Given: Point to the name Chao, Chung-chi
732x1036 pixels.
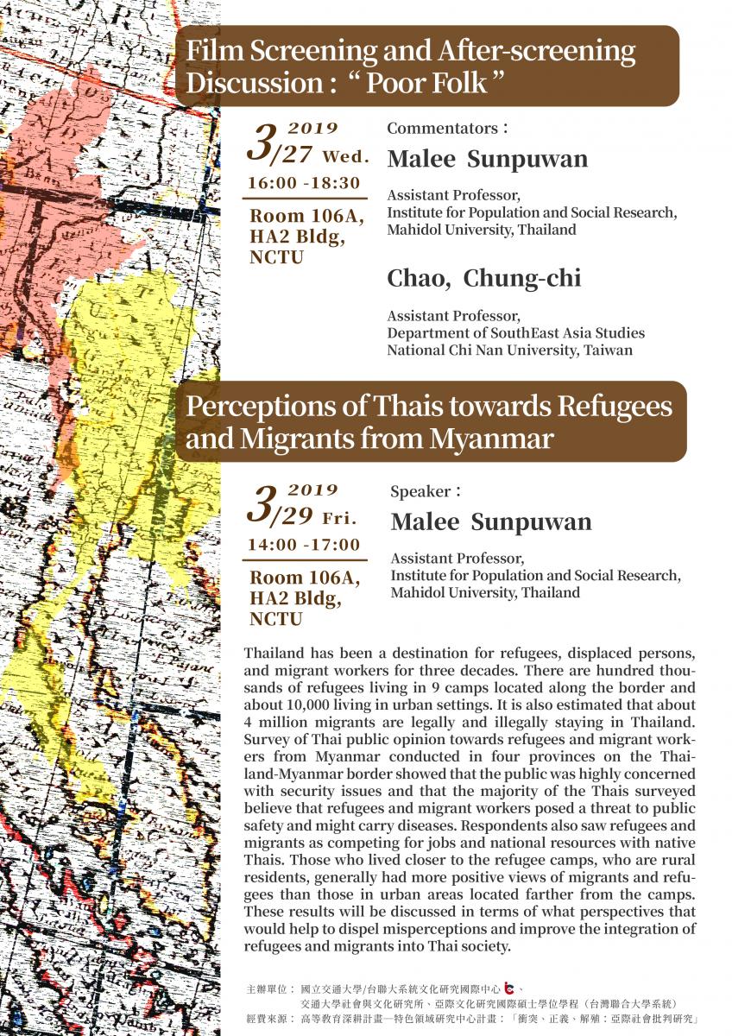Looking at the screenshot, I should pyautogui.click(x=483, y=278).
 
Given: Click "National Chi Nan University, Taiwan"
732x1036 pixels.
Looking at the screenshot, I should pyautogui.click(x=509, y=351).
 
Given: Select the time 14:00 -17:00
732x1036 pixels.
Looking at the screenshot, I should pyautogui.click(x=304, y=545).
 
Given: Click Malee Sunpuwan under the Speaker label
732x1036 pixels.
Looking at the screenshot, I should pyautogui.click(x=491, y=521).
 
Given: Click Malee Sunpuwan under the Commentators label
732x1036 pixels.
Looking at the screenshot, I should pyautogui.click(x=488, y=159).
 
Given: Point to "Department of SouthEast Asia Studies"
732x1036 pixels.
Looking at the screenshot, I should pyautogui.click(x=515, y=333).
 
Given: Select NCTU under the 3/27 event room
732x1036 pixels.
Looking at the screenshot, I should pyautogui.click(x=276, y=257).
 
